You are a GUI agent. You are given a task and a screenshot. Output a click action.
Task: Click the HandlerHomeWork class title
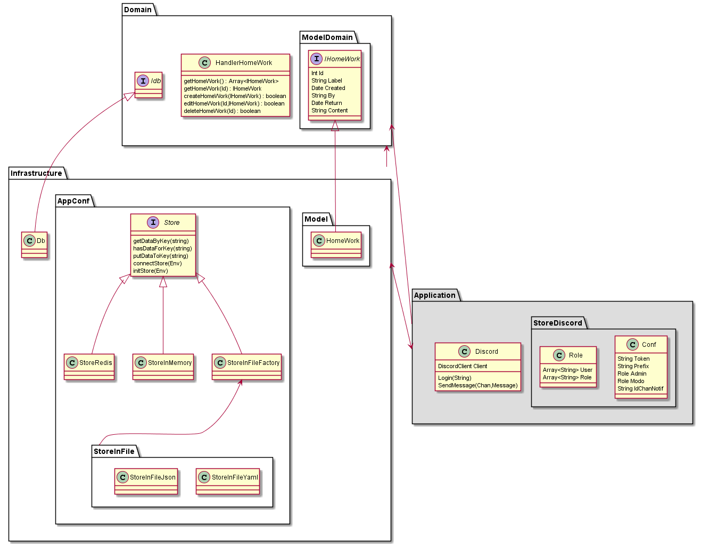point(243,63)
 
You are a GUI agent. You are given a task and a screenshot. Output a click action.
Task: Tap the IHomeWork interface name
point(342,59)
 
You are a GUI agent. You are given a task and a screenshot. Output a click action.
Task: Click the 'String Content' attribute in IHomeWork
point(329,111)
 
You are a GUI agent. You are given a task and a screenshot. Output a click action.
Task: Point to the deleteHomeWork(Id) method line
point(222,111)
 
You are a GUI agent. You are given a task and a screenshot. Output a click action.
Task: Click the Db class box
point(35,244)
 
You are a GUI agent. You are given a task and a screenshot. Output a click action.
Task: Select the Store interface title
point(171,223)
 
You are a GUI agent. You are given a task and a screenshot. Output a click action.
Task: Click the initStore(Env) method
point(151,271)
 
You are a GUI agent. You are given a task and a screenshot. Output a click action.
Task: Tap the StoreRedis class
point(89,367)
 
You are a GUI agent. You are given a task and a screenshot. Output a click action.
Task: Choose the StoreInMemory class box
point(163,367)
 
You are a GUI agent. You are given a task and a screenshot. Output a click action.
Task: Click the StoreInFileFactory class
point(246,367)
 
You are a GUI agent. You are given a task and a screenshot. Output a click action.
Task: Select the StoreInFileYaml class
point(228,481)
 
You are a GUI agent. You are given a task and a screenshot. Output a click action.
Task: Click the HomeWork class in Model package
point(336,244)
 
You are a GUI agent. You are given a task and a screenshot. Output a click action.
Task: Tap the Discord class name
point(486,352)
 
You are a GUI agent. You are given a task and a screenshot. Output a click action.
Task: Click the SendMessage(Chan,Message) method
point(477,386)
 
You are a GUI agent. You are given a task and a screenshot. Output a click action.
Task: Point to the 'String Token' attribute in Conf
point(633,359)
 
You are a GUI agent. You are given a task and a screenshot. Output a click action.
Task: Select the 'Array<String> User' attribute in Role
point(567,370)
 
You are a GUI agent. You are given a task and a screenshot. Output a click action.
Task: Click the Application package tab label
point(434,295)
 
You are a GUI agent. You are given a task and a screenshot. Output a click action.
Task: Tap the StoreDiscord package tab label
point(557,323)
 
